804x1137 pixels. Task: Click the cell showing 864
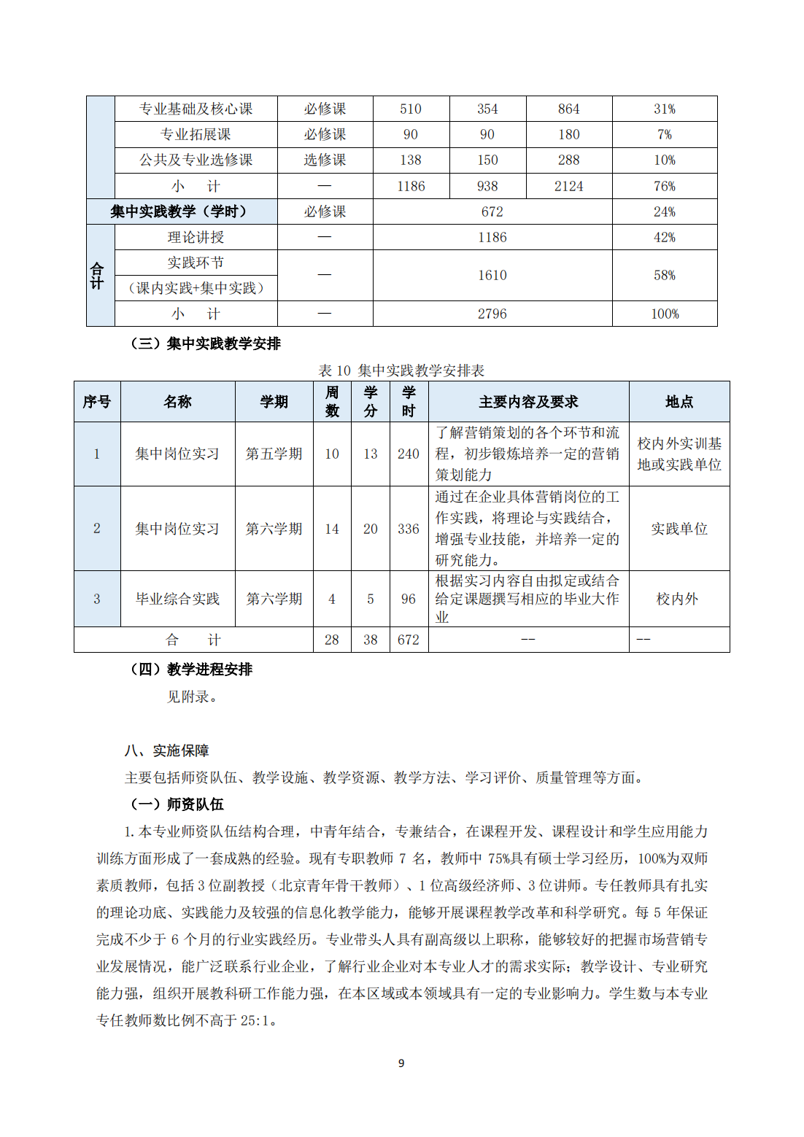coord(568,109)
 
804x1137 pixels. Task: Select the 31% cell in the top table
coord(664,109)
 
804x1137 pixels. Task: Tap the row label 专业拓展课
coord(196,134)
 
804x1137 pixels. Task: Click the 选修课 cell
coord(325,160)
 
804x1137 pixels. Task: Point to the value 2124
coord(568,186)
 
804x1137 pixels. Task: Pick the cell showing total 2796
coord(492,314)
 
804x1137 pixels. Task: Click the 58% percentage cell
coord(664,275)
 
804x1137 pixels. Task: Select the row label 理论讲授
coord(196,237)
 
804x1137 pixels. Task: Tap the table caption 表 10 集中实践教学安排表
coord(401,370)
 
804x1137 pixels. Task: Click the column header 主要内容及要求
coord(528,402)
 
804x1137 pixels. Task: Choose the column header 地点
coord(679,402)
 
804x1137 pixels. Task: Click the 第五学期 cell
coord(274,454)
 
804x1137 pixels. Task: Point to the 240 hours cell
coord(408,454)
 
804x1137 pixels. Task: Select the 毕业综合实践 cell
coord(177,599)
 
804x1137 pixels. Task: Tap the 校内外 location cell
coord(677,599)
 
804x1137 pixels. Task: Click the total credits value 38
coord(370,640)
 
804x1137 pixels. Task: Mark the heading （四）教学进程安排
coord(191,669)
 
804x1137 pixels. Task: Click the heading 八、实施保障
coord(167,750)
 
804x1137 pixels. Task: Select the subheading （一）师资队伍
coord(177,804)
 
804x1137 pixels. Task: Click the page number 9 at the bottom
coord(401,1063)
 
